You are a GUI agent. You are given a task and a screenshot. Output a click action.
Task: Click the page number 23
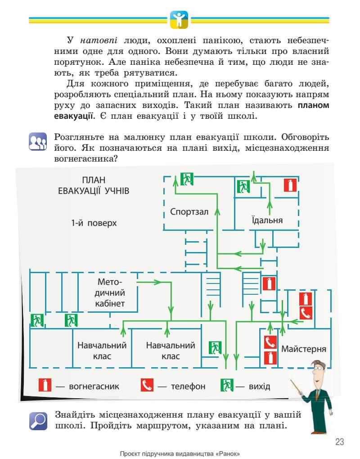pos(339,441)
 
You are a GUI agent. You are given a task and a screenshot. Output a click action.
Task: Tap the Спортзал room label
pos(189,211)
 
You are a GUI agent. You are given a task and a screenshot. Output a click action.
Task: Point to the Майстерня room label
pos(304,349)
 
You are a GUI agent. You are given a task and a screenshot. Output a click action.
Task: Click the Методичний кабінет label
pos(111,293)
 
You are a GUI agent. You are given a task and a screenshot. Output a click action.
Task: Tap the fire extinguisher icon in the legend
pos(45,386)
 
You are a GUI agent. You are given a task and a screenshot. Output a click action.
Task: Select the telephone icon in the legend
pos(147,386)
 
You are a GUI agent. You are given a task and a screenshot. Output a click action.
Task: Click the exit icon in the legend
pos(226,386)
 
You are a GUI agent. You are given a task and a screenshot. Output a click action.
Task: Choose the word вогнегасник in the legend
pos(94,386)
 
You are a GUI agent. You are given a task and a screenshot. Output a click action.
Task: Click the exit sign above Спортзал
pos(187,179)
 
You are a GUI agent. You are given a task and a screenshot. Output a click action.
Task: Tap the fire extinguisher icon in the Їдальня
pos(290,185)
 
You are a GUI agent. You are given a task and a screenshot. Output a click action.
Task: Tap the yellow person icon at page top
pos(179,19)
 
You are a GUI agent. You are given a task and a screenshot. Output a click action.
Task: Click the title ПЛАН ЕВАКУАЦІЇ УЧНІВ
pos(94,185)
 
